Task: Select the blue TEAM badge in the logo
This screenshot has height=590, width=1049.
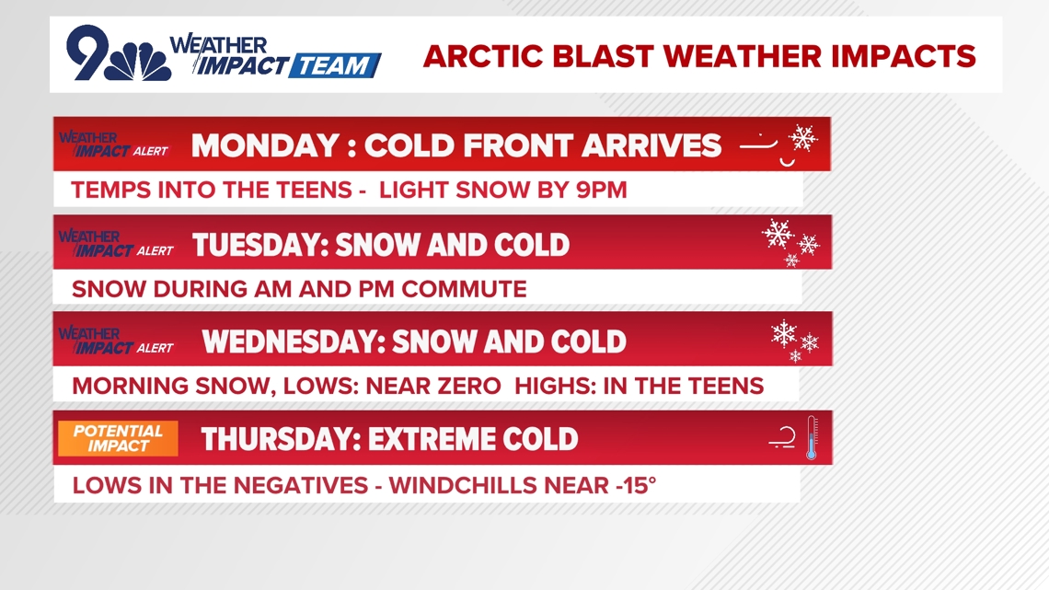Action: coord(335,65)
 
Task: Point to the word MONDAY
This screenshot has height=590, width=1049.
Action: coord(265,145)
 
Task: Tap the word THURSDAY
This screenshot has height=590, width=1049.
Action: coord(281,439)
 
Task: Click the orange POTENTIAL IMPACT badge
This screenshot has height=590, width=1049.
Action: coord(119,438)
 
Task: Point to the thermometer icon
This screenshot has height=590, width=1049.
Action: coord(812,438)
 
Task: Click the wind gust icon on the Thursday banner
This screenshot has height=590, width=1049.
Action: coord(782,437)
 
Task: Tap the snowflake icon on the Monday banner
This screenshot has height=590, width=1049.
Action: coord(802,138)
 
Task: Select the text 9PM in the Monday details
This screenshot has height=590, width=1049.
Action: coord(602,190)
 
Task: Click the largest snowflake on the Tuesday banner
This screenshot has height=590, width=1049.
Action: coord(778,234)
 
